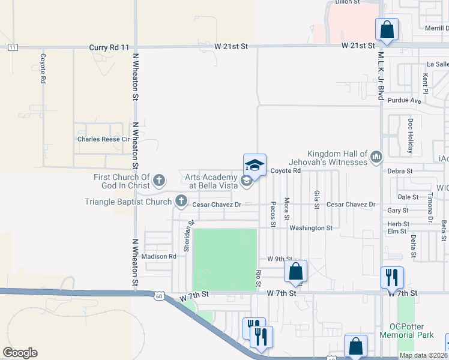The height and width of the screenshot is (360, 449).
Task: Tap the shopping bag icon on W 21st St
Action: coord(387,29)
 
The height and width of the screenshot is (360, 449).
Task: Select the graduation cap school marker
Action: coord(255,165)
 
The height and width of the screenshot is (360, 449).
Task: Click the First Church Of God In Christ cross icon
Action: coord(159,179)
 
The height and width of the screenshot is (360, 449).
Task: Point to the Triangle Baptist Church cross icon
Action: coord(180,202)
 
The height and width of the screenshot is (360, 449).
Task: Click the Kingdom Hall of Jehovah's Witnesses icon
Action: coord(376,157)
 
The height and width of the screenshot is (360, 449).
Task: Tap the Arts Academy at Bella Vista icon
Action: coord(246,181)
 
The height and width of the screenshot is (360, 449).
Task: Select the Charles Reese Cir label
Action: coord(104,139)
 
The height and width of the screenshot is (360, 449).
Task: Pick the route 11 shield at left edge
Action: coord(13,46)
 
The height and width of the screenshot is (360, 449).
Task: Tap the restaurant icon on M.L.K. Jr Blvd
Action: coord(391,277)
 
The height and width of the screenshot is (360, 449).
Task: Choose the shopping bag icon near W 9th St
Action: coord(295,271)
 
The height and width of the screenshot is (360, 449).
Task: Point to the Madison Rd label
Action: coord(160,256)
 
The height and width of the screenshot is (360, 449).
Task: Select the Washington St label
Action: coord(310,228)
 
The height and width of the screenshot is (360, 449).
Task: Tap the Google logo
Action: coord(20,353)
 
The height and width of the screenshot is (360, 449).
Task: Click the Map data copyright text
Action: coord(423,355)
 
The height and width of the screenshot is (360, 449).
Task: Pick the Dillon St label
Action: coord(347,2)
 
